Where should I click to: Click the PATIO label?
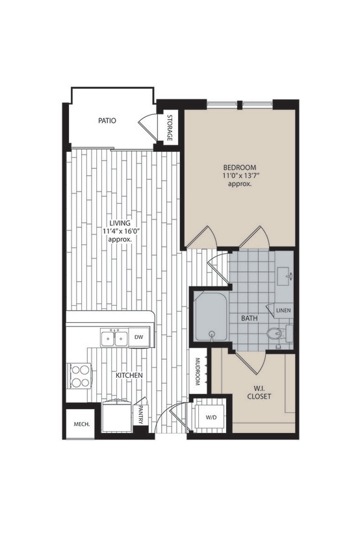pyautogui.click(x=107, y=120)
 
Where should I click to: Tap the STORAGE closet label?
pyautogui.click(x=170, y=128)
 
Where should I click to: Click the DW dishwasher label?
pyautogui.click(x=138, y=337)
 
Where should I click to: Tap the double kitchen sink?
pyautogui.click(x=114, y=338)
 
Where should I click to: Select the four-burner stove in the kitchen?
pyautogui.click(x=81, y=376)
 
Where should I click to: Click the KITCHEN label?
pyautogui.click(x=130, y=375)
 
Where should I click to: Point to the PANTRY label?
pyautogui.click(x=141, y=416)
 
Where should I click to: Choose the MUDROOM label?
pyautogui.click(x=197, y=374)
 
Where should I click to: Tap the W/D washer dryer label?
pyautogui.click(x=212, y=417)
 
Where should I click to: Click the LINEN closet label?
pyautogui.click(x=283, y=311)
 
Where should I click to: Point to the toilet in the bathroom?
pyautogui.click(x=276, y=335)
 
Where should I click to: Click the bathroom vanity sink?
pyautogui.click(x=287, y=275)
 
